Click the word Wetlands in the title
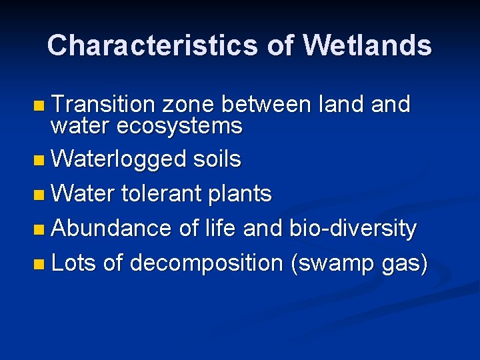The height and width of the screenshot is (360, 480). pos(367,45)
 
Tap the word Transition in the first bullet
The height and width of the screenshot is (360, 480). pos(103,104)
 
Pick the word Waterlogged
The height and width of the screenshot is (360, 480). pos(119,159)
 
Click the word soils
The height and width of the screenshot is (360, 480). pos(217,159)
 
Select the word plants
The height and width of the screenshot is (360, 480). pos(240,194)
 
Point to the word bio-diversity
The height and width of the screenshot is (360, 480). pos(353,229)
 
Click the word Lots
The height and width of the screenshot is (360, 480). pos(74,263)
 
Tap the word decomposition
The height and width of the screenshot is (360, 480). pos(207,263)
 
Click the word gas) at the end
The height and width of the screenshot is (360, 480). pos(404,264)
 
